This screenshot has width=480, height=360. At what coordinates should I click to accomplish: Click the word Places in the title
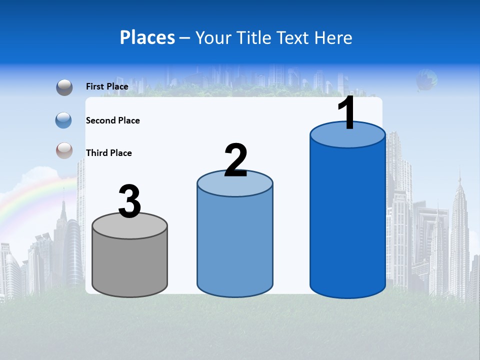tap(147, 37)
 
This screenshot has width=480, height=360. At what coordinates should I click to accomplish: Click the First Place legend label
tap(107, 86)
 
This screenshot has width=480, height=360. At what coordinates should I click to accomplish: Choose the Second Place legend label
tap(112, 120)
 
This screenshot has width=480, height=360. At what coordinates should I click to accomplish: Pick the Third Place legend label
tap(108, 153)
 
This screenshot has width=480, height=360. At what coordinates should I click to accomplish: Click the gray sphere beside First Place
tap(64, 87)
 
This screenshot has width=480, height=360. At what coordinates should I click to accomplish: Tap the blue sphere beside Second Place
tap(63, 120)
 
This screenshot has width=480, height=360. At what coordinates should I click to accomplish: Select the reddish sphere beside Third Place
tap(64, 151)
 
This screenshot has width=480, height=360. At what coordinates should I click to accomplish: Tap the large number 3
tap(129, 201)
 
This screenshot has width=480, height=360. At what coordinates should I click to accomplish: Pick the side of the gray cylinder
tap(130, 265)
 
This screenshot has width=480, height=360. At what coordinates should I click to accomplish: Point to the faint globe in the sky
tap(426, 80)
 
